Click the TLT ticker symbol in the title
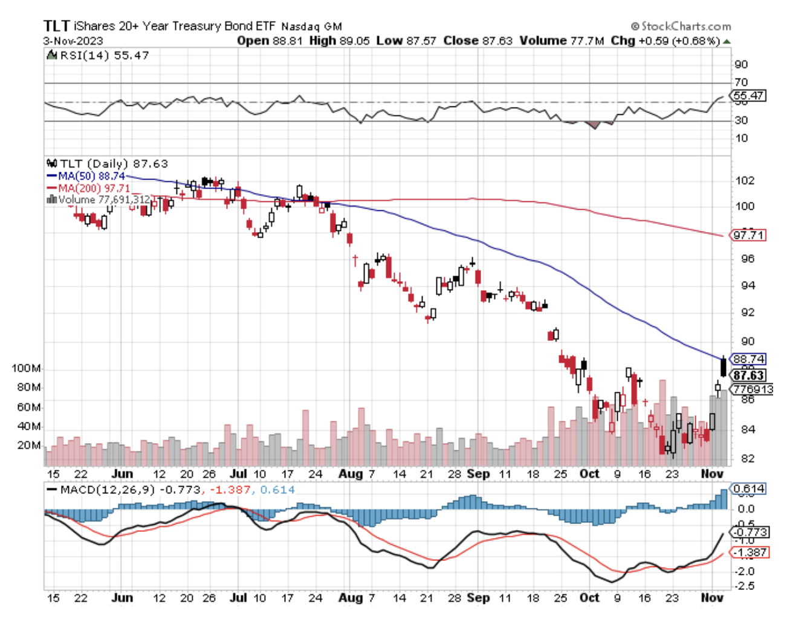57,26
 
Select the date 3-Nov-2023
73,41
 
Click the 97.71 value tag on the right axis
748,235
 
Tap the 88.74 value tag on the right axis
748,359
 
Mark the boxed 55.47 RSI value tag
748,96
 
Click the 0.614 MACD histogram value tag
748,488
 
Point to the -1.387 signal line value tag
750,553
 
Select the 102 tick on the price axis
745,180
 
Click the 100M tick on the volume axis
27,369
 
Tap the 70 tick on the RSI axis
741,82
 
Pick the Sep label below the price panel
478,474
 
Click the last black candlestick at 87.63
724,367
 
